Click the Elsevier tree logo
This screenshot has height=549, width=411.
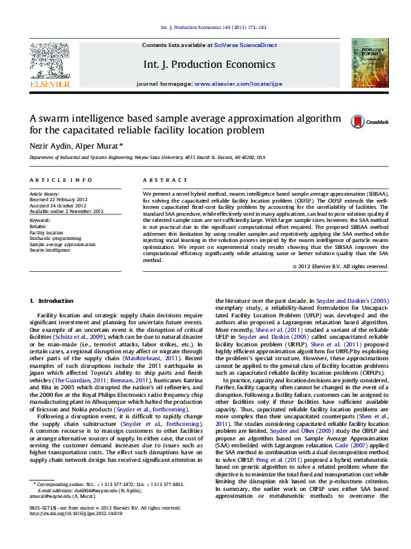49,63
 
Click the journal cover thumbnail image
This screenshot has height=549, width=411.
370,62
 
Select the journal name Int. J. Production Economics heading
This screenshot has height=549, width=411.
210,64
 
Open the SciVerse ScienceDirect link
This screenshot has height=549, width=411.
245,45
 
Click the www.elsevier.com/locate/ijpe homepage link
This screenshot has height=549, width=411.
248,83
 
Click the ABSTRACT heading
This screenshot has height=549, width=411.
160,180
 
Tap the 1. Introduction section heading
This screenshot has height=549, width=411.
52,301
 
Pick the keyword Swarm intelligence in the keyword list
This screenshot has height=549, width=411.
50,250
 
